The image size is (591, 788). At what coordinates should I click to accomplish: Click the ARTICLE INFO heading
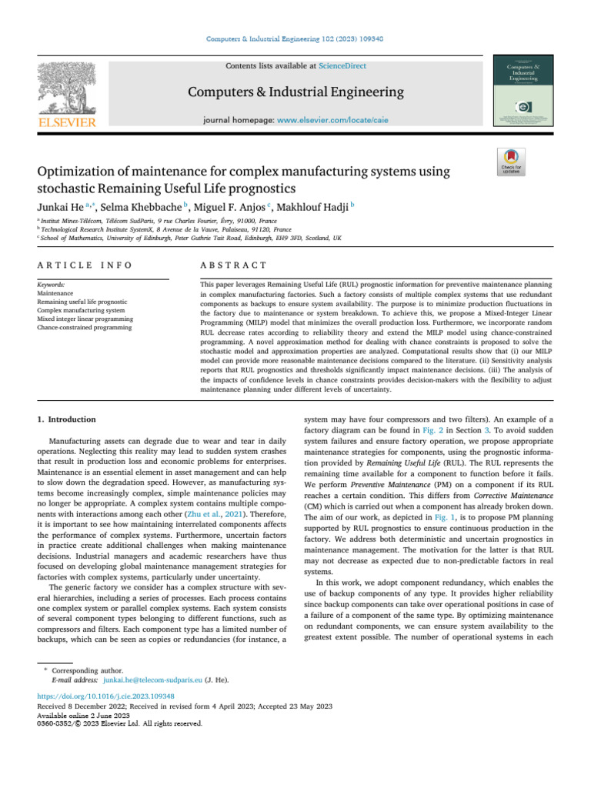[x=85, y=265]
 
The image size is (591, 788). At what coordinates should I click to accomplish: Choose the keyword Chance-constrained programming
[x=85, y=328]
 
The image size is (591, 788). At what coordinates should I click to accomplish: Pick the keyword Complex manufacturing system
[x=82, y=310]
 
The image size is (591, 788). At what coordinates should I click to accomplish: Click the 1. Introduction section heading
[x=68, y=419]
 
